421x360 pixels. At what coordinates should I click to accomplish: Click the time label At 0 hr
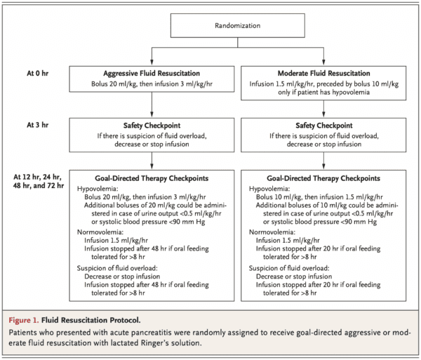coord(37,72)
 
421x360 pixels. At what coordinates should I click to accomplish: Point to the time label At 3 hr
coord(37,124)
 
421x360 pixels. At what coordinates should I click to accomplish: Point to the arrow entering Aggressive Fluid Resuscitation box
coord(152,60)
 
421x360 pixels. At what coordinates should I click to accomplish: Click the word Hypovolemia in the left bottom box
coord(98,188)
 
